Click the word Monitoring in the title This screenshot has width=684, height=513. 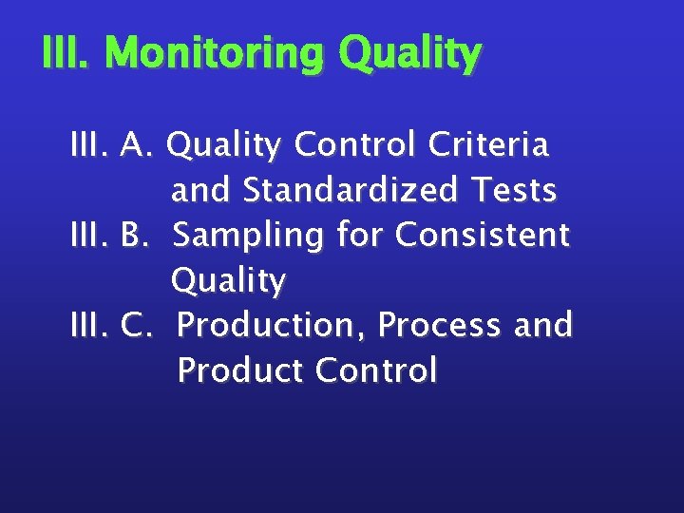tap(217, 55)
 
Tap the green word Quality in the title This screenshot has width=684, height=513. tap(409, 55)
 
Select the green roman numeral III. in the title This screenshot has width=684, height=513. tap(68, 55)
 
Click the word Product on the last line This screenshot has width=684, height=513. tap(240, 370)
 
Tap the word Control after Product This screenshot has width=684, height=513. tap(376, 370)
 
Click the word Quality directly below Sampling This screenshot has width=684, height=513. tap(228, 281)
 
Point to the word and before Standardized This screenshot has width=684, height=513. tap(202, 190)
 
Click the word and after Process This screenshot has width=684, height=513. tap(542, 325)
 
